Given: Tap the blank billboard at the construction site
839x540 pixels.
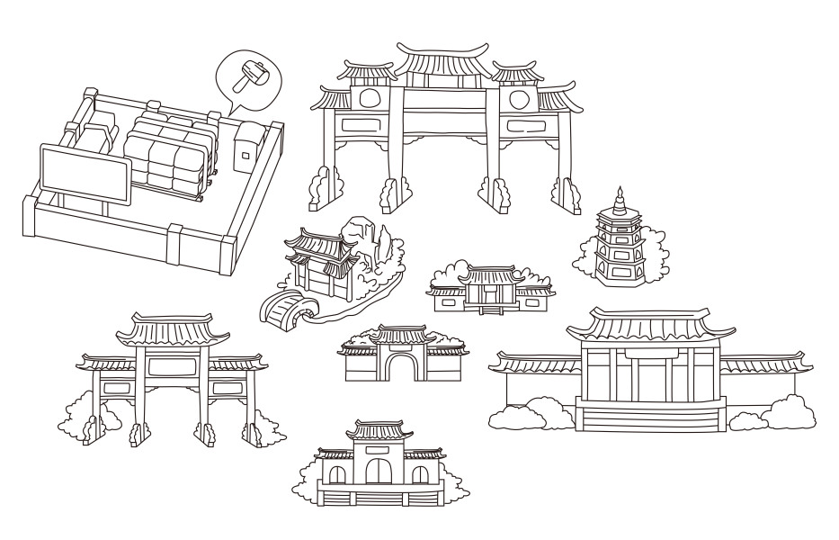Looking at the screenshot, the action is [84, 175].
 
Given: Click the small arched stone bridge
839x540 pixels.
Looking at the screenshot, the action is [284, 309].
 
